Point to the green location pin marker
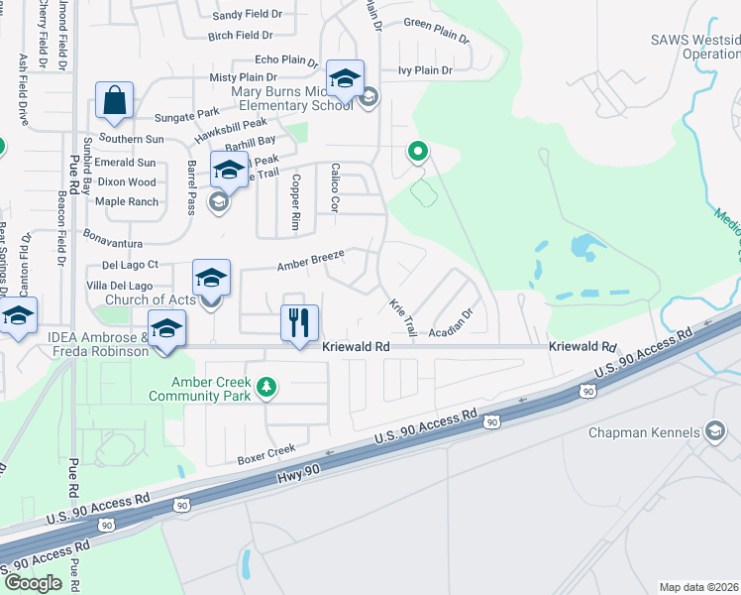click(418, 153)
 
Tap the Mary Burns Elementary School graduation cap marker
click(345, 79)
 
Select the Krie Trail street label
click(403, 316)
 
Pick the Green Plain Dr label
click(436, 29)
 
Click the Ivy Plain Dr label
click(425, 70)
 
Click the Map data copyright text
click(699, 587)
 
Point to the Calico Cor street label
click(335, 187)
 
